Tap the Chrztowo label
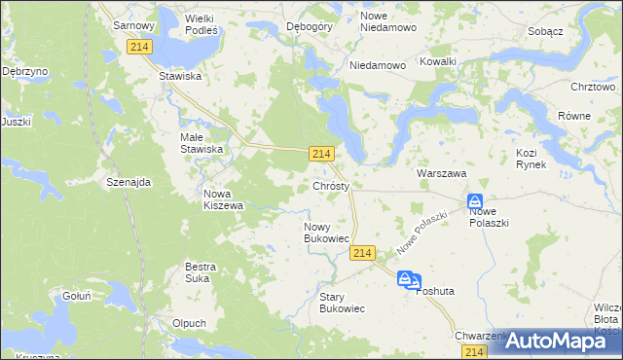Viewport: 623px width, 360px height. pyautogui.click(x=593, y=87)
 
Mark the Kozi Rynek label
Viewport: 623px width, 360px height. pyautogui.click(x=531, y=159)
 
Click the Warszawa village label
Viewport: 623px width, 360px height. pyautogui.click(x=442, y=172)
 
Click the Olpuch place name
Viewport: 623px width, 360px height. pyautogui.click(x=188, y=323)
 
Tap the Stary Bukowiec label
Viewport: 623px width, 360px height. pyautogui.click(x=342, y=302)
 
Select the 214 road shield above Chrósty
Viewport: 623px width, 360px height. pyautogui.click(x=323, y=154)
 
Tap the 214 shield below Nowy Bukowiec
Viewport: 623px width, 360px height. pyautogui.click(x=362, y=253)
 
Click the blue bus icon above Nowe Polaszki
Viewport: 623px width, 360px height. pyautogui.click(x=475, y=199)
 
